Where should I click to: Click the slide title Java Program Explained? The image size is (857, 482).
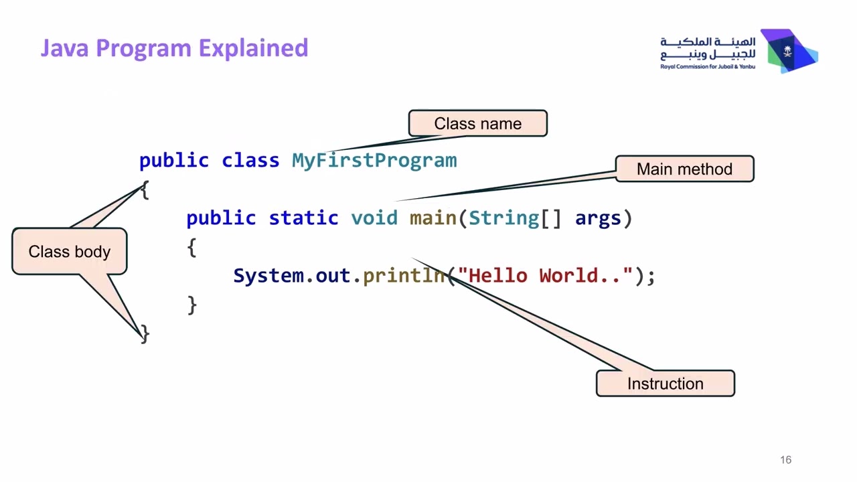point(174,48)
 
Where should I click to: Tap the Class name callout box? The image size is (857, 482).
point(477,124)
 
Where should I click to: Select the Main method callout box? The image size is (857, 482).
point(684,169)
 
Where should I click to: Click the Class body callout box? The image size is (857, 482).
point(70,252)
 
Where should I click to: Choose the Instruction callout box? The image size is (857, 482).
point(665,384)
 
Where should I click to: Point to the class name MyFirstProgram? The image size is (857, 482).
point(374,161)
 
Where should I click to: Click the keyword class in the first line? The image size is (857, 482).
point(250,161)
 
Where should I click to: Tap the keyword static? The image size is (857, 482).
point(303,218)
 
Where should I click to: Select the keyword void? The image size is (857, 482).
point(374,218)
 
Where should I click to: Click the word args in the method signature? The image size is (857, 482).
point(598,218)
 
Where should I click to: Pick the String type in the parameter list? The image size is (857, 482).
point(503,218)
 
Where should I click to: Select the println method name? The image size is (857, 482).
point(404,276)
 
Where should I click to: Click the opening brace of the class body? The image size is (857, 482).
point(145,190)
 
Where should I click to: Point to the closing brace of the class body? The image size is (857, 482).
point(145,334)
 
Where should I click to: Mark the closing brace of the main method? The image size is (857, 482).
point(192,305)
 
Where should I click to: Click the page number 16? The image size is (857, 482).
point(785,460)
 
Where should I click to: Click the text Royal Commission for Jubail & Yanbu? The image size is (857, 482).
point(707,67)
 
